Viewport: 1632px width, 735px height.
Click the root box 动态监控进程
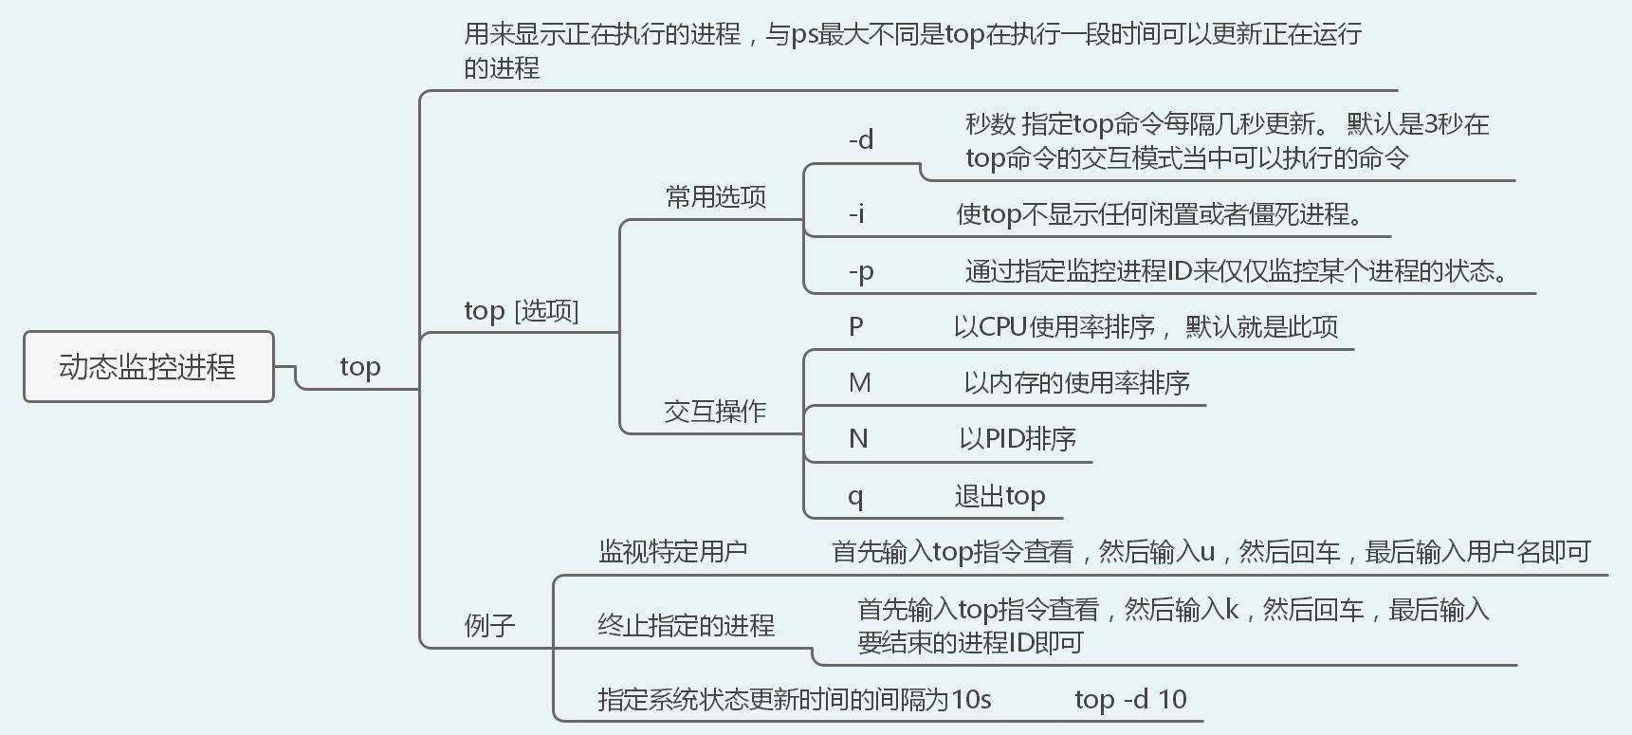point(148,367)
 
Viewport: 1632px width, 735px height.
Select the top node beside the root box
point(360,367)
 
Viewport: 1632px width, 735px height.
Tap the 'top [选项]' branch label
point(521,311)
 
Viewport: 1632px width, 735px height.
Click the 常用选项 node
point(716,197)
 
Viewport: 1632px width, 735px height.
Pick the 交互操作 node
point(715,412)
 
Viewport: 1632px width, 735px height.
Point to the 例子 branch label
point(489,626)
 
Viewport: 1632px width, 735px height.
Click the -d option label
point(860,140)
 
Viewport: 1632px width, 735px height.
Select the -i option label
point(855,214)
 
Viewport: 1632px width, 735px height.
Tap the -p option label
point(860,272)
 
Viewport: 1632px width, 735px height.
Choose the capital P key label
point(855,327)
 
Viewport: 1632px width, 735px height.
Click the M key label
point(859,383)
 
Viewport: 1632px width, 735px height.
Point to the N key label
point(858,439)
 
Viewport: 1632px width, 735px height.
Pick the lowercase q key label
point(855,497)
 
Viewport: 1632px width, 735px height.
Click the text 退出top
point(999,496)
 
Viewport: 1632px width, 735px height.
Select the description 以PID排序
point(1018,439)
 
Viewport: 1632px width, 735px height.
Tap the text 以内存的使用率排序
point(1076,383)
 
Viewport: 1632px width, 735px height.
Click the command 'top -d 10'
point(1130,700)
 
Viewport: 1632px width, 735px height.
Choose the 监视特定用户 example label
point(672,552)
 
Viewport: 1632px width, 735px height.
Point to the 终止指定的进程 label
point(686,626)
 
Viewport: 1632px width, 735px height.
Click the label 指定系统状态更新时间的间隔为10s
point(794,700)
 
